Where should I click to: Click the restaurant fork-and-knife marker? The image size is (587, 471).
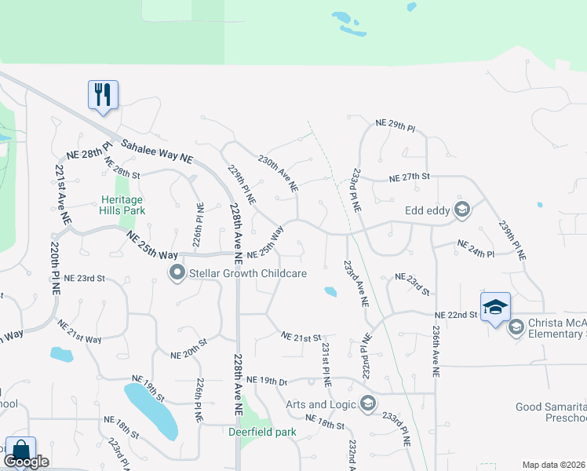point(103,95)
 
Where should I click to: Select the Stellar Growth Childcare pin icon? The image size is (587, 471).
point(177,273)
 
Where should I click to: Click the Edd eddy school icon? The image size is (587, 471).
point(461,209)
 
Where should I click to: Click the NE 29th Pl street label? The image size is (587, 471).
point(395,124)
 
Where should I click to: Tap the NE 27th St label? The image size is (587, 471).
point(412,177)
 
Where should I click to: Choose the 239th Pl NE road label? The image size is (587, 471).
point(511,240)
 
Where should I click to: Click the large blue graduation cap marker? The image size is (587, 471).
point(495,306)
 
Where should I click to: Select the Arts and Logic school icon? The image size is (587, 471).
point(367,404)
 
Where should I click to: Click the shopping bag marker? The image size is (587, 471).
point(20,451)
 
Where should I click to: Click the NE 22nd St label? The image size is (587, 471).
point(457,315)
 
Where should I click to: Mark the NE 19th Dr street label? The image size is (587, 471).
point(267,381)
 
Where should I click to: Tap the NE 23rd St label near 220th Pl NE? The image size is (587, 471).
point(85,278)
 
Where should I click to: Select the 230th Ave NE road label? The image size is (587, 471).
point(278,173)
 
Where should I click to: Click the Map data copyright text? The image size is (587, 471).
point(554,465)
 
